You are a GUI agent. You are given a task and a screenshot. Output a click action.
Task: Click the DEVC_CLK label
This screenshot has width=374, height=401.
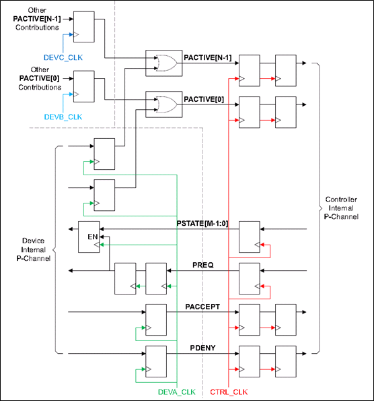click(63, 57)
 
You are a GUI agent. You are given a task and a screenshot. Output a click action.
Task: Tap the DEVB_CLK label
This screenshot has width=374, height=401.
click(63, 117)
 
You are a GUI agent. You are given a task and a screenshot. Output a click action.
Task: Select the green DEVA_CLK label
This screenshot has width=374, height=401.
click(177, 392)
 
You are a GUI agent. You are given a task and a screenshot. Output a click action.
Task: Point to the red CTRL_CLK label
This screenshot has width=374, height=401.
click(229, 392)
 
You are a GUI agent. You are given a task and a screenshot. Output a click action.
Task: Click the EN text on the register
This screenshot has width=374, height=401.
click(93, 237)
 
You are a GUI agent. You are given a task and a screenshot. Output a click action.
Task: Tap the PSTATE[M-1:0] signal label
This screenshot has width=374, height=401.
click(202, 224)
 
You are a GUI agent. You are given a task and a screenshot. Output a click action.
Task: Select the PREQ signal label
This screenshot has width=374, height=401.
click(203, 265)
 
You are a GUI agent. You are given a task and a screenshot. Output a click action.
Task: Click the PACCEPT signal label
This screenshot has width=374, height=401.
click(202, 307)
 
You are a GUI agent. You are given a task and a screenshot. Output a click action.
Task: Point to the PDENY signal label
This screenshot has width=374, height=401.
click(202, 348)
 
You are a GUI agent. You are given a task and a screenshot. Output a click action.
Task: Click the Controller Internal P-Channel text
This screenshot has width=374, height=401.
click(341, 208)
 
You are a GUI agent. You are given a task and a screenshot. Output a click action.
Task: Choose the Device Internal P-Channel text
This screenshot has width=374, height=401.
click(34, 249)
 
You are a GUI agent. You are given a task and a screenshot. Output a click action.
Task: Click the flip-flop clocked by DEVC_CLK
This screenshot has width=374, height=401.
click(83, 26)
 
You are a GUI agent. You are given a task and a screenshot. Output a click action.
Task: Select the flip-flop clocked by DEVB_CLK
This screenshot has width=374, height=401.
click(83, 86)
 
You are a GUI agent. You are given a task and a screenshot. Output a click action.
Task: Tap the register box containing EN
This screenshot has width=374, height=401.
click(89, 237)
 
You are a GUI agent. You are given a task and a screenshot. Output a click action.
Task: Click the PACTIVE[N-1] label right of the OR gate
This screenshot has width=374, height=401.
click(208, 58)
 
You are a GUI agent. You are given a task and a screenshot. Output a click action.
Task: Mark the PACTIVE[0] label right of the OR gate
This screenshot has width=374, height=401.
click(204, 99)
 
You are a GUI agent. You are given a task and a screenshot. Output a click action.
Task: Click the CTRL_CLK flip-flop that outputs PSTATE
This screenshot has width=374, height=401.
click(250, 237)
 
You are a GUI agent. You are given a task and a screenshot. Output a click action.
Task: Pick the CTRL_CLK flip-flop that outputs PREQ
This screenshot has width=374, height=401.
click(250, 278)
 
